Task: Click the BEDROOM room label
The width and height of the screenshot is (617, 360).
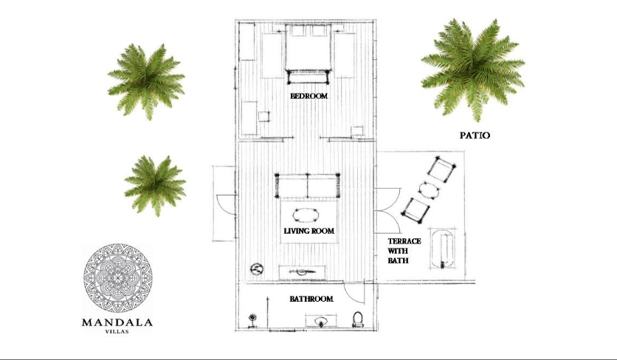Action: coord(309,96)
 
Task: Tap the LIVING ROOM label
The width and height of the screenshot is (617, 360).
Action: coord(309,231)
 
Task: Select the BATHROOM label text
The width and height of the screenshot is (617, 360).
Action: coord(311,299)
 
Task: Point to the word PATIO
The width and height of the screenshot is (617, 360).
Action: coord(475,135)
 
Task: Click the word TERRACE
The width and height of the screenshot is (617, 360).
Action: coord(404,241)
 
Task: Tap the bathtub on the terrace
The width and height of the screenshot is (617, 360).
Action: coord(443,249)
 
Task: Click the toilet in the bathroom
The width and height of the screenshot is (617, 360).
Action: coord(358,319)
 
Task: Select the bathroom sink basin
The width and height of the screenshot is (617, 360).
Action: coord(322,321)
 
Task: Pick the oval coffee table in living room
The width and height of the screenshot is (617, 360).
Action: coord(306,215)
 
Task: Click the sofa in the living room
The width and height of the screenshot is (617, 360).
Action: coord(307,186)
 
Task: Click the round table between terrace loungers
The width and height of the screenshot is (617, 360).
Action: coord(429,190)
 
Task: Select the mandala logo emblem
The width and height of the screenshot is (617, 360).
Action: coord(117,278)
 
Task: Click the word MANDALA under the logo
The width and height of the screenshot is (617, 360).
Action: coord(117,323)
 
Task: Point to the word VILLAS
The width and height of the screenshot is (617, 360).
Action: coord(117,332)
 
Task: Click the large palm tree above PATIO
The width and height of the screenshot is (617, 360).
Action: coord(473,69)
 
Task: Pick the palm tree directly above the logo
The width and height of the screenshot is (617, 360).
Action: coord(156,185)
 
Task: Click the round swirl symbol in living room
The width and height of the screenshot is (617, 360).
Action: coord(257,269)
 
